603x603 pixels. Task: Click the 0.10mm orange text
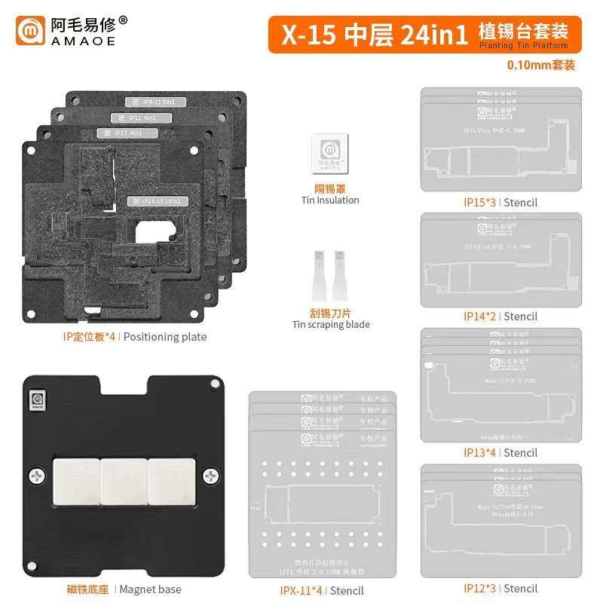[x=542, y=65]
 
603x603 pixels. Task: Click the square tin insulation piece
[x=329, y=154]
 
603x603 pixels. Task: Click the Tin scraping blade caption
[x=330, y=325]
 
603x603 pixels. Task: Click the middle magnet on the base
[x=124, y=476]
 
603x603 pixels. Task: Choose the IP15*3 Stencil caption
[x=500, y=202]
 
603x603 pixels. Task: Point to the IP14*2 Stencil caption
[x=500, y=317]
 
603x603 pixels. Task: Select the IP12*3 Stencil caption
[x=500, y=589]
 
